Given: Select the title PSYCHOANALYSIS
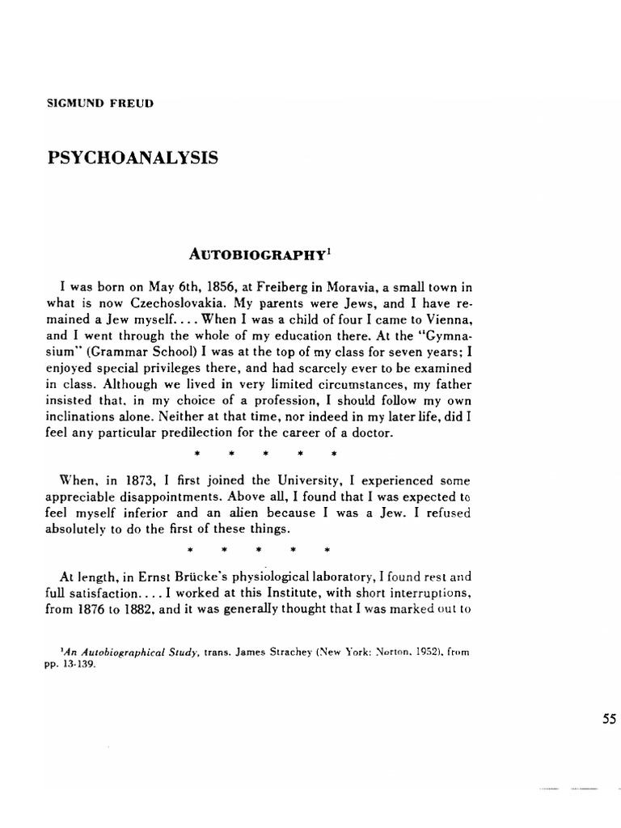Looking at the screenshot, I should (x=133, y=157).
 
